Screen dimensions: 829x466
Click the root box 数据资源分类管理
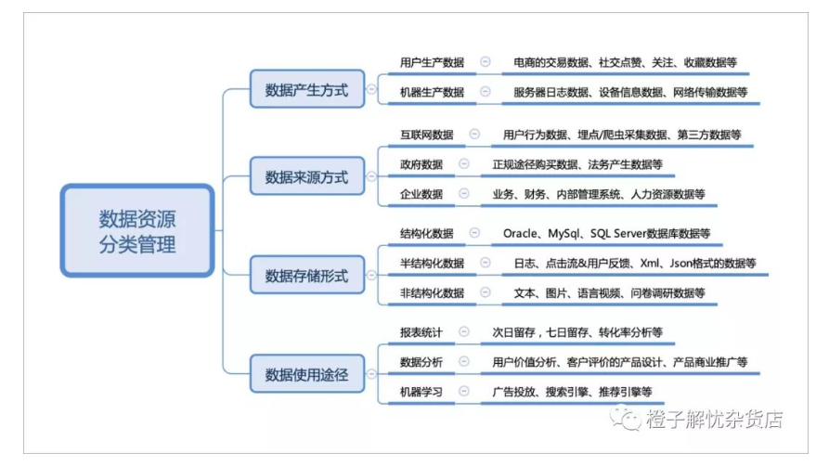click(x=137, y=230)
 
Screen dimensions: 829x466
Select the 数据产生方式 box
click(x=307, y=89)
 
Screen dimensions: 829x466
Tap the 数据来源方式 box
click(x=307, y=176)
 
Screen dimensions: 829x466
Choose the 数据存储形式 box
click(x=307, y=275)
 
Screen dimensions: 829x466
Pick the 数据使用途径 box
click(x=307, y=374)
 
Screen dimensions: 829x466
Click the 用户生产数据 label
click(x=432, y=62)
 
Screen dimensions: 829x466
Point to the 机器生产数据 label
click(x=432, y=92)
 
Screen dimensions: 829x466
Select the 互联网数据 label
click(x=427, y=135)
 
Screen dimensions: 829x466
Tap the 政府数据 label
click(x=421, y=164)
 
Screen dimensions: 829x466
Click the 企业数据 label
click(x=421, y=194)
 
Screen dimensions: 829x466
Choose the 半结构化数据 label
click(x=432, y=264)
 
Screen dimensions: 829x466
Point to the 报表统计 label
click(x=421, y=332)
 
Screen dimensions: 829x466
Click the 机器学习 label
click(x=421, y=392)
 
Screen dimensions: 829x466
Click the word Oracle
click(x=520, y=233)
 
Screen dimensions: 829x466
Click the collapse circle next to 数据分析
click(x=463, y=361)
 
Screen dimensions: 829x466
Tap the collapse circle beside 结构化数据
click(x=474, y=233)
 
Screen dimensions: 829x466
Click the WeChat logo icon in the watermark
click(x=625, y=418)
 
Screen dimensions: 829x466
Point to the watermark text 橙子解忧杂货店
click(x=714, y=419)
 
